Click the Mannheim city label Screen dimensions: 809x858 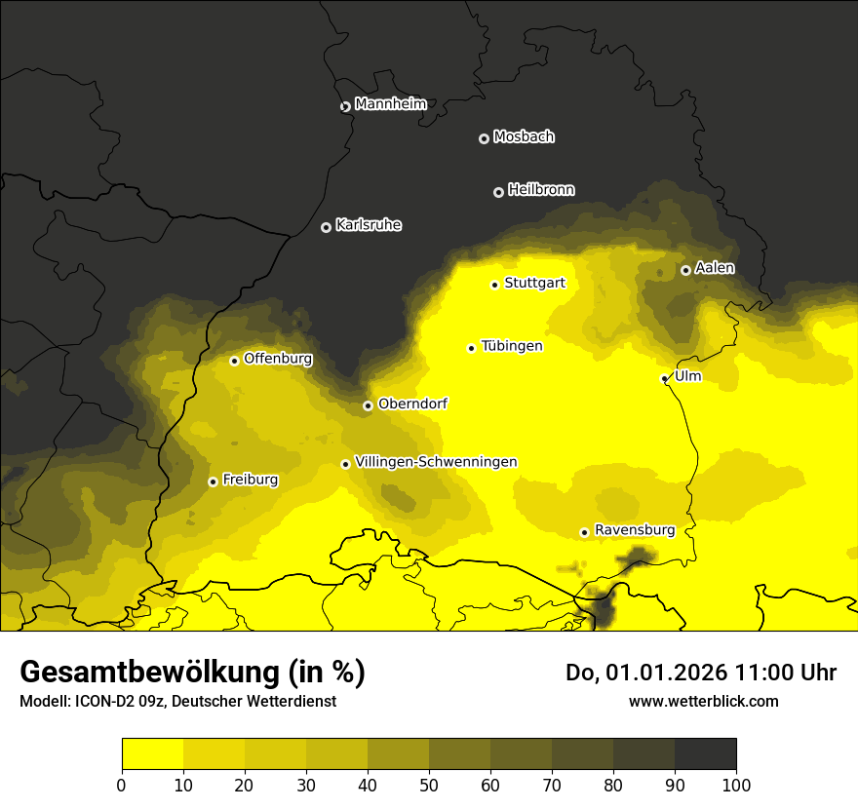pos(390,104)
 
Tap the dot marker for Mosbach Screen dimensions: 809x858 pos(484,138)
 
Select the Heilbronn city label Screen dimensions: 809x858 pos(541,190)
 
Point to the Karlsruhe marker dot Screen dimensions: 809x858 pos(326,227)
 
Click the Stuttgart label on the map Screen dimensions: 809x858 pos(534,284)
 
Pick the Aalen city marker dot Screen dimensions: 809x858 pos(685,270)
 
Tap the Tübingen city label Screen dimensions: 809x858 pos(512,347)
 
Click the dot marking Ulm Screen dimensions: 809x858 pos(664,378)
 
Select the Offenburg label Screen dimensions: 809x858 pos(278,359)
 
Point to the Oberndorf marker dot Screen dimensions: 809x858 pos(368,405)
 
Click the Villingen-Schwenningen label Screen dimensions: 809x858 pos(436,462)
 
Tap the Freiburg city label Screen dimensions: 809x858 pos(250,480)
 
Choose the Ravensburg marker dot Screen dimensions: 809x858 pos(584,532)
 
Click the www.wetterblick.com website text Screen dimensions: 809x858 pos(703,701)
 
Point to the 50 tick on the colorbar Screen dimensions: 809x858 pos(429,786)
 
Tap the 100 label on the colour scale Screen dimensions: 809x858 pos(736,786)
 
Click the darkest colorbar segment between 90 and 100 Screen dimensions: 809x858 pos(705,754)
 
